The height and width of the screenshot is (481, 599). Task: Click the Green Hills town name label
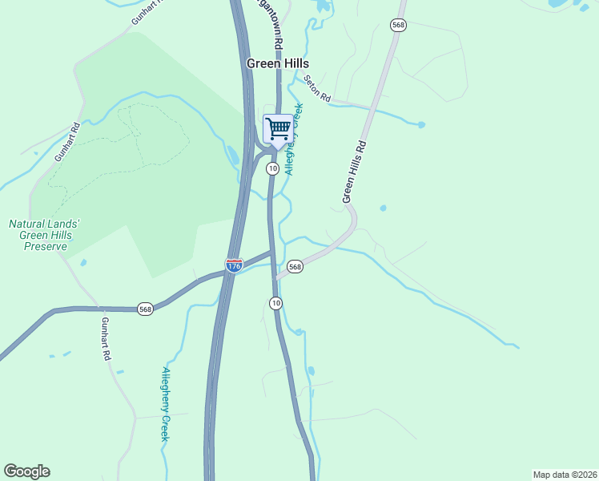[277, 63]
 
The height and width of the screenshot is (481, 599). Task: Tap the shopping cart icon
[278, 128]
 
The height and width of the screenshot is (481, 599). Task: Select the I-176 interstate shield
[234, 265]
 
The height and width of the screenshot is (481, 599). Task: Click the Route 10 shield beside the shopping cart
[273, 168]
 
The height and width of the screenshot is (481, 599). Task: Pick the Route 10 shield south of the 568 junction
[275, 302]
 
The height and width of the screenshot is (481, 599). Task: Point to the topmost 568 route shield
[398, 25]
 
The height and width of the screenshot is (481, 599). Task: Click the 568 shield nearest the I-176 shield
[295, 266]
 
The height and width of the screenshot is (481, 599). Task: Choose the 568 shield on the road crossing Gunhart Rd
[145, 309]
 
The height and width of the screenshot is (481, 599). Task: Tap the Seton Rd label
[317, 88]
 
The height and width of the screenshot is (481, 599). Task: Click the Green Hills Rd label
[353, 172]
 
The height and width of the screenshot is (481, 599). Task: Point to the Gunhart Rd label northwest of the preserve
[68, 142]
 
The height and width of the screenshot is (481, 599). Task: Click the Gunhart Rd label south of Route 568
[105, 338]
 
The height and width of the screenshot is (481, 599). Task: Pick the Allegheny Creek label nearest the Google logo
[165, 404]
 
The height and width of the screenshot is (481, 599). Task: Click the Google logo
[26, 471]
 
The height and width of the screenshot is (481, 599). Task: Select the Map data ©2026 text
[564, 475]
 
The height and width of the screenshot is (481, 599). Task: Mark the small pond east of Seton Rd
[421, 124]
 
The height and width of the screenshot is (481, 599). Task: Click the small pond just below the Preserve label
[83, 261]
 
